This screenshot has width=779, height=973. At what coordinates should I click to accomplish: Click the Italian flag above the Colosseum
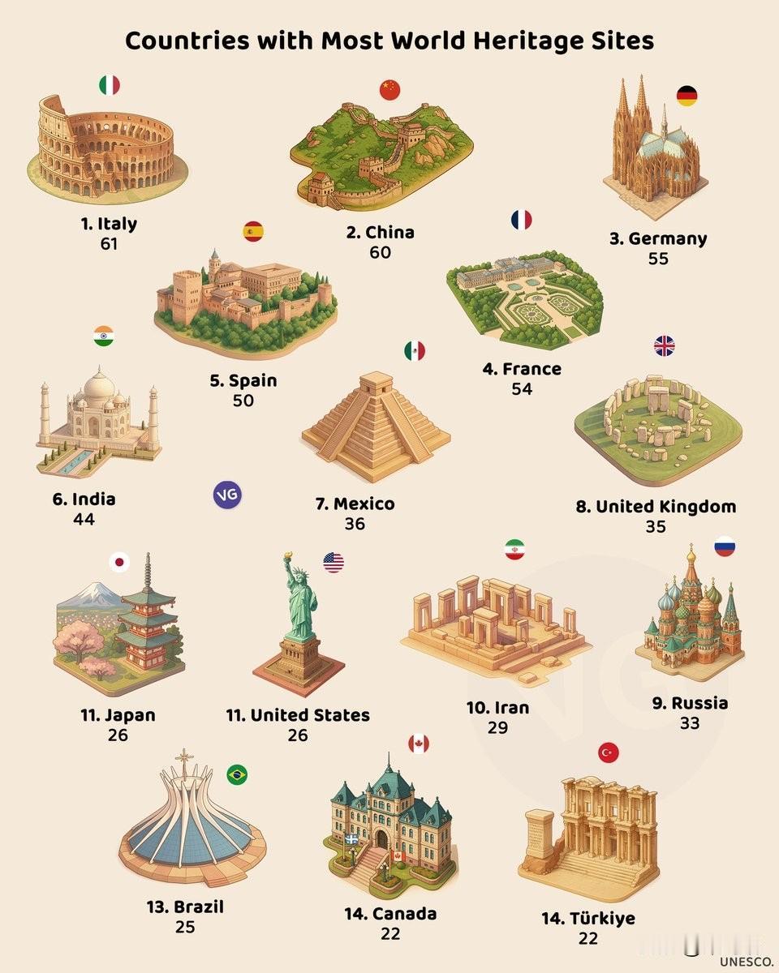(x=110, y=85)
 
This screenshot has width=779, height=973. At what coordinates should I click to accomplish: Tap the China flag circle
(x=390, y=89)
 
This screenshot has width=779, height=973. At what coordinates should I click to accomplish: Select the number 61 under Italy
(x=109, y=242)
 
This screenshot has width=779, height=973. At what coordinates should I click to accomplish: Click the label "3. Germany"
(x=658, y=238)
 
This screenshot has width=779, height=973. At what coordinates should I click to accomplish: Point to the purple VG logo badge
(x=227, y=495)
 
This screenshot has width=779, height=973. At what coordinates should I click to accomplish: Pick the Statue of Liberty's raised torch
(x=287, y=559)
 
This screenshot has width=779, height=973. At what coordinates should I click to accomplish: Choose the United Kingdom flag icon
(x=664, y=347)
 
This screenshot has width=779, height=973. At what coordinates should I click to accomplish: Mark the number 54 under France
(x=522, y=388)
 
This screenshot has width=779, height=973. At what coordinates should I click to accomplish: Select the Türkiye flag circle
(x=608, y=752)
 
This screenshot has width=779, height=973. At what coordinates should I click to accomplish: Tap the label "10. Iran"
(x=497, y=707)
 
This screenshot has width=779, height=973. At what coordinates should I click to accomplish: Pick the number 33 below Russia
(x=689, y=722)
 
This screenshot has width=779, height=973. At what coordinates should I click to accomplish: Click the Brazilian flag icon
(x=237, y=774)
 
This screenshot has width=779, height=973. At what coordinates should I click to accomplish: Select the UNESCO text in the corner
(x=746, y=961)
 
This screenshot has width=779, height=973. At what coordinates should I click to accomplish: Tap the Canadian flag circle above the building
(x=419, y=744)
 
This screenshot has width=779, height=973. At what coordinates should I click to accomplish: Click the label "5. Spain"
(x=243, y=380)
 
